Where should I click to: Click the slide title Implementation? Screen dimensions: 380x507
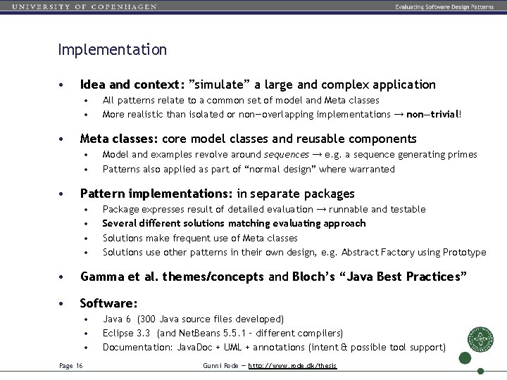tap(113, 50)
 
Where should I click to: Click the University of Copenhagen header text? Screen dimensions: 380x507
tap(84, 6)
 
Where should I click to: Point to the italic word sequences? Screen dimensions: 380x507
tap(286, 154)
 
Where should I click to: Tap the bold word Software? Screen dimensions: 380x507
tap(108, 303)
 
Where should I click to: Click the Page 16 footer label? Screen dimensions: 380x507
tap(70, 365)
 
